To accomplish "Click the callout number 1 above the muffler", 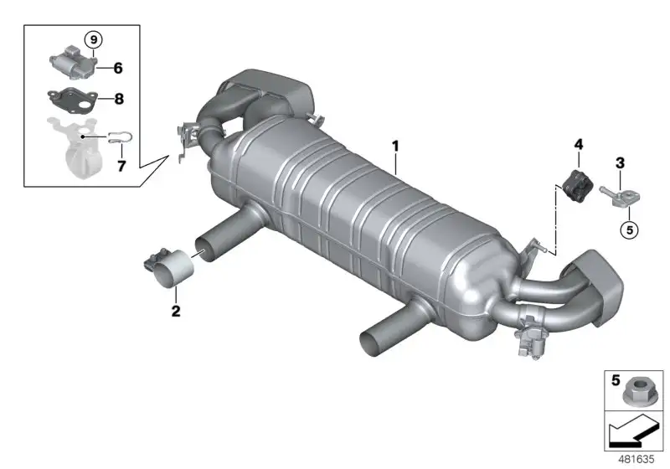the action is pos(395,146).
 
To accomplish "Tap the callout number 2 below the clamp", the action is pos(176,311).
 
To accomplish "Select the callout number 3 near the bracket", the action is pos(620,162).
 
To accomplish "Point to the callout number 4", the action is pos(578,144).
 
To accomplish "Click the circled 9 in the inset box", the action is pos(94,40).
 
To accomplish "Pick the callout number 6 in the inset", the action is pos(118,68).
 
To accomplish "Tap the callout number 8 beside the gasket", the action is pos(119,99).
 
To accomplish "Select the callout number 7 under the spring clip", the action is pos(121,166).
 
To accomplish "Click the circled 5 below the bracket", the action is pos(630,230).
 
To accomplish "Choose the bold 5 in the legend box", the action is pos(616,379).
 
